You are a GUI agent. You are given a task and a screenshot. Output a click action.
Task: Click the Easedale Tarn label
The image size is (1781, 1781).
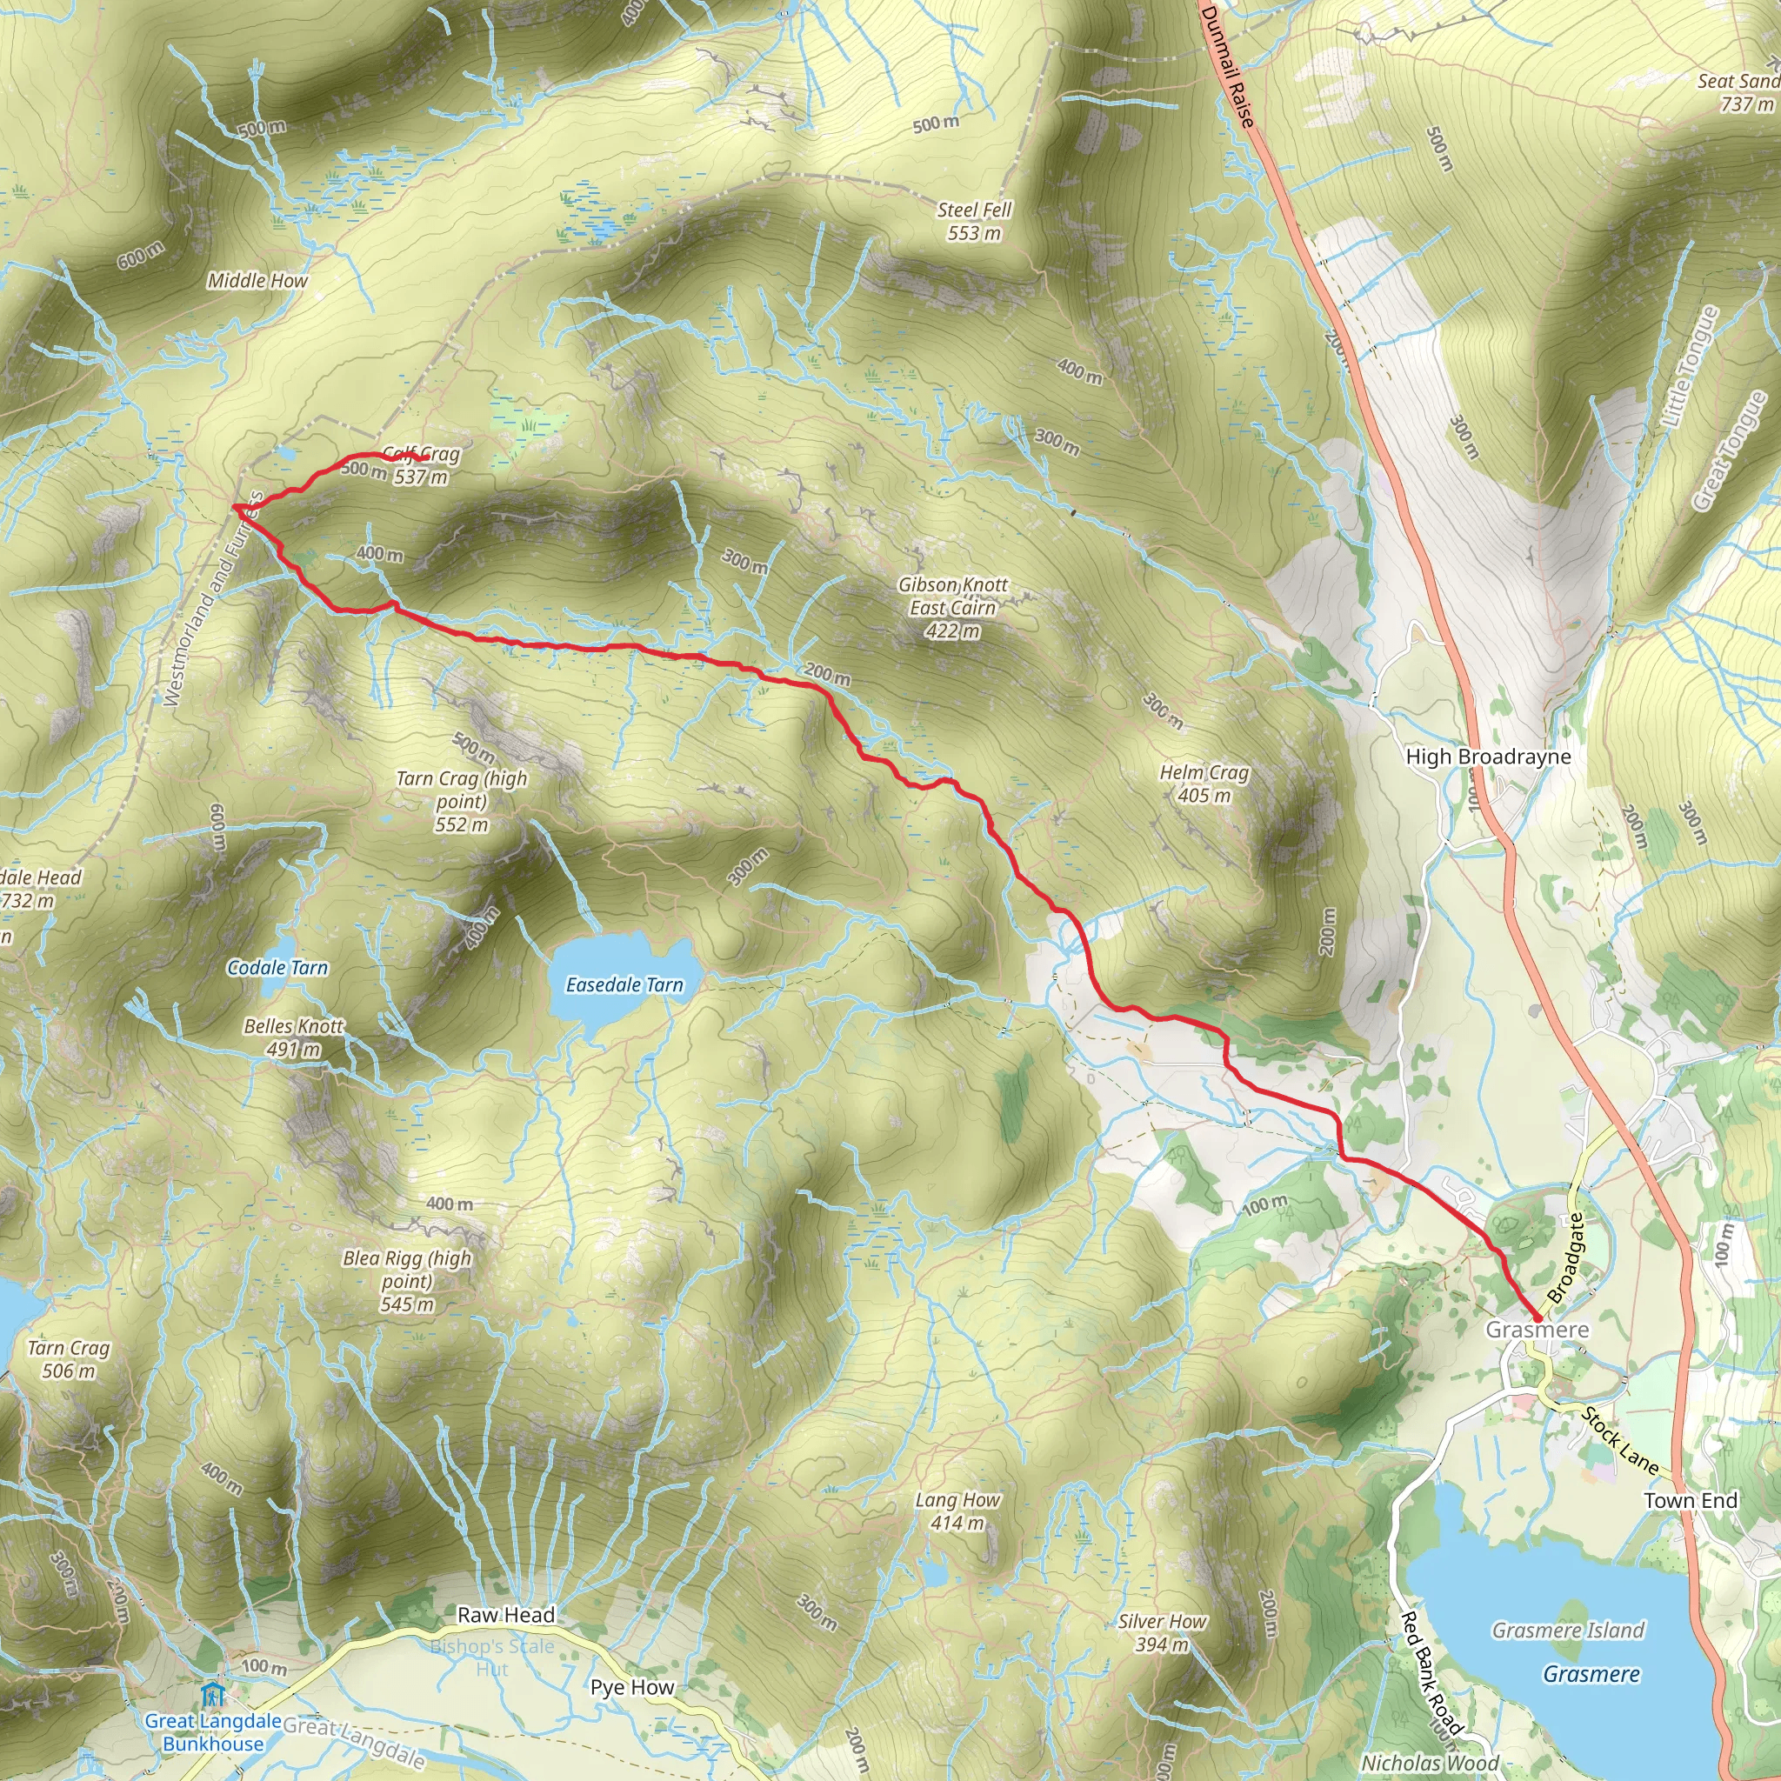click(624, 984)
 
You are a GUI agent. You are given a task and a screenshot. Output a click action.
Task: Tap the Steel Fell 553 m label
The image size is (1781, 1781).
click(974, 221)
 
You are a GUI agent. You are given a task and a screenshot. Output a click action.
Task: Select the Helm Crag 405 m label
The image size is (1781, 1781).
click(1204, 784)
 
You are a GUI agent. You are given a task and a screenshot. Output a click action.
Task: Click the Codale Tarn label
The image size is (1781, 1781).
click(277, 967)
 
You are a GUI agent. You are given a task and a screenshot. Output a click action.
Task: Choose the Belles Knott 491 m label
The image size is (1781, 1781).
click(293, 1037)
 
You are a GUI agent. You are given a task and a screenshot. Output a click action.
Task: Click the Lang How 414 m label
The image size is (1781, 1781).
click(957, 1511)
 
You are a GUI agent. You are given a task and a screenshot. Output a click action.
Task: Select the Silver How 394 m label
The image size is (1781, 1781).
click(1162, 1632)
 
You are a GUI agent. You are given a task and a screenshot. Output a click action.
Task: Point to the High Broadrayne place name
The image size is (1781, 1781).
click(1488, 757)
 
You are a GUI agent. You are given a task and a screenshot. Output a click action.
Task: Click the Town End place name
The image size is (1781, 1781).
click(1691, 1501)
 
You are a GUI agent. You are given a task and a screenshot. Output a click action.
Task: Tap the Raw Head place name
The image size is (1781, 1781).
click(506, 1615)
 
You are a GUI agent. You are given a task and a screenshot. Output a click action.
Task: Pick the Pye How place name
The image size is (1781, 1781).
click(632, 1687)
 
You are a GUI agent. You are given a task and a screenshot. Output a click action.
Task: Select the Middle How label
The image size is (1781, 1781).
click(257, 280)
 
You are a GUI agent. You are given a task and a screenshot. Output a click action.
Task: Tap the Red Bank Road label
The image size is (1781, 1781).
click(1431, 1673)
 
